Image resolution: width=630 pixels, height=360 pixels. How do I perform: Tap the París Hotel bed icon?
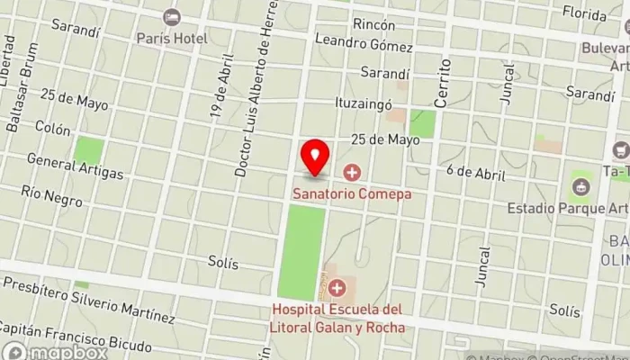(171, 18)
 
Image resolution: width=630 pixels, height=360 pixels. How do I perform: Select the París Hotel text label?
(172, 39)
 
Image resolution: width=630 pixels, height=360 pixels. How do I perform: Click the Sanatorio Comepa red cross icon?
(351, 172)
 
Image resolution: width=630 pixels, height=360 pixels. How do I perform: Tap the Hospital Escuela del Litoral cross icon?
(337, 288)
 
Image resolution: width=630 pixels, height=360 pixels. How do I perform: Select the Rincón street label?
(374, 22)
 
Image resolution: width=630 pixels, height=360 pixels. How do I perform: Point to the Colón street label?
(52, 129)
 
